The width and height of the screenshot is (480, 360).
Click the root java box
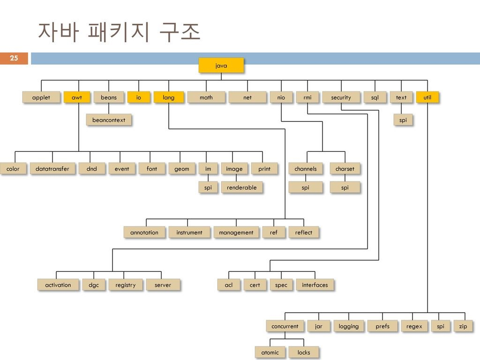[221, 66]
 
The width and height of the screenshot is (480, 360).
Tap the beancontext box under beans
[109, 120]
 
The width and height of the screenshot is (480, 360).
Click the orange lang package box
[169, 97]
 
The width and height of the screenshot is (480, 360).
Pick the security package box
[341, 97]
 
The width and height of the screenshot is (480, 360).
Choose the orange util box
[427, 97]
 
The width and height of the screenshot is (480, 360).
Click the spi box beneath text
[403, 120]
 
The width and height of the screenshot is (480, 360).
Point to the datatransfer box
[52, 169]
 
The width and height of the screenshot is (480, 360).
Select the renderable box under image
[242, 187]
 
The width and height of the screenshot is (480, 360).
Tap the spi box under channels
[306, 187]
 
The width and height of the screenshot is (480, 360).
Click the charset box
[345, 169]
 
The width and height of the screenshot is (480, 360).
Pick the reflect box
[304, 232]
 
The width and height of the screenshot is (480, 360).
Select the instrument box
[189, 232]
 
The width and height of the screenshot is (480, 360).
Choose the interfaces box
[315, 285]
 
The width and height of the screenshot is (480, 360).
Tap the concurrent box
[285, 326]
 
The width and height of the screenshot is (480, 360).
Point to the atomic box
[270, 352]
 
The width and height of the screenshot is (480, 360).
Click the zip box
[463, 326]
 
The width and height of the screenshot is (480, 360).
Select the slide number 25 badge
[14, 58]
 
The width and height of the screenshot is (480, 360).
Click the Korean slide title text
[119, 32]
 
